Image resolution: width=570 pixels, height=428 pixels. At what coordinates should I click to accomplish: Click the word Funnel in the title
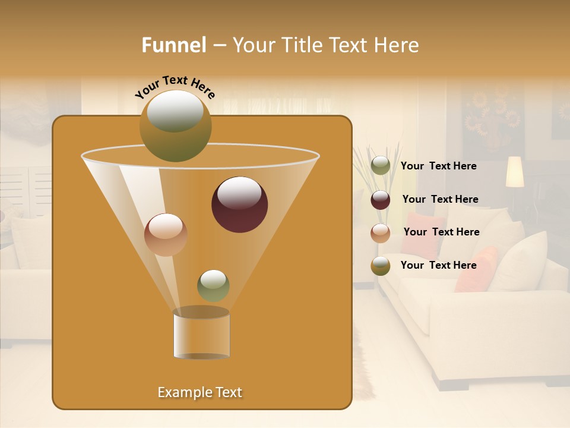tap(174, 45)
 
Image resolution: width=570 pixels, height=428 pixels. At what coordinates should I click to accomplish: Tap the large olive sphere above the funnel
tap(175, 125)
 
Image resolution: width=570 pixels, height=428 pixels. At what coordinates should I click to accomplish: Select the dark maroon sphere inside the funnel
tap(239, 204)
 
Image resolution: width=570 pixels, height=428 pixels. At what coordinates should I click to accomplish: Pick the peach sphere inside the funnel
tap(166, 234)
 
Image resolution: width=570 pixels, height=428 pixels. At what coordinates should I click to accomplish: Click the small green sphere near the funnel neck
tap(213, 285)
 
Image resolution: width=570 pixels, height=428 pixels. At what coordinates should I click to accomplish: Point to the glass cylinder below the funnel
tap(201, 334)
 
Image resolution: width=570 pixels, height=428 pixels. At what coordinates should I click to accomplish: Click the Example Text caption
tap(200, 392)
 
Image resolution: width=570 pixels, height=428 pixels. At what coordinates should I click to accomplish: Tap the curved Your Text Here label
tap(175, 86)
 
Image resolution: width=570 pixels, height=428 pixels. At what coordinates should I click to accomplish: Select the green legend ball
tap(381, 166)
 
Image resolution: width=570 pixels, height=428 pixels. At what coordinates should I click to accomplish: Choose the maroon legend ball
tap(381, 200)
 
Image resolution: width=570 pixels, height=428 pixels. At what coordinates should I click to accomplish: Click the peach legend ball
tap(381, 233)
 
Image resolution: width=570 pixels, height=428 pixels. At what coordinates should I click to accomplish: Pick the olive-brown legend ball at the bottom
tap(381, 266)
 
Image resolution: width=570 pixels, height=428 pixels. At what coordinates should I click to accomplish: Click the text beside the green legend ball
tap(438, 166)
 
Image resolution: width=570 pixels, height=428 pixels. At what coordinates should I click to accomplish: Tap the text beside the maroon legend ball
tap(440, 200)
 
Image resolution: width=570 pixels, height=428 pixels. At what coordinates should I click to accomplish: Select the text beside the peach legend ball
tap(441, 232)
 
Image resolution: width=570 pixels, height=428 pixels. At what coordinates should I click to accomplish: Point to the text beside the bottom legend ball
tap(438, 266)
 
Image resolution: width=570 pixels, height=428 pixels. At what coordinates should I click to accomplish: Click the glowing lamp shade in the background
tap(514, 171)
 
